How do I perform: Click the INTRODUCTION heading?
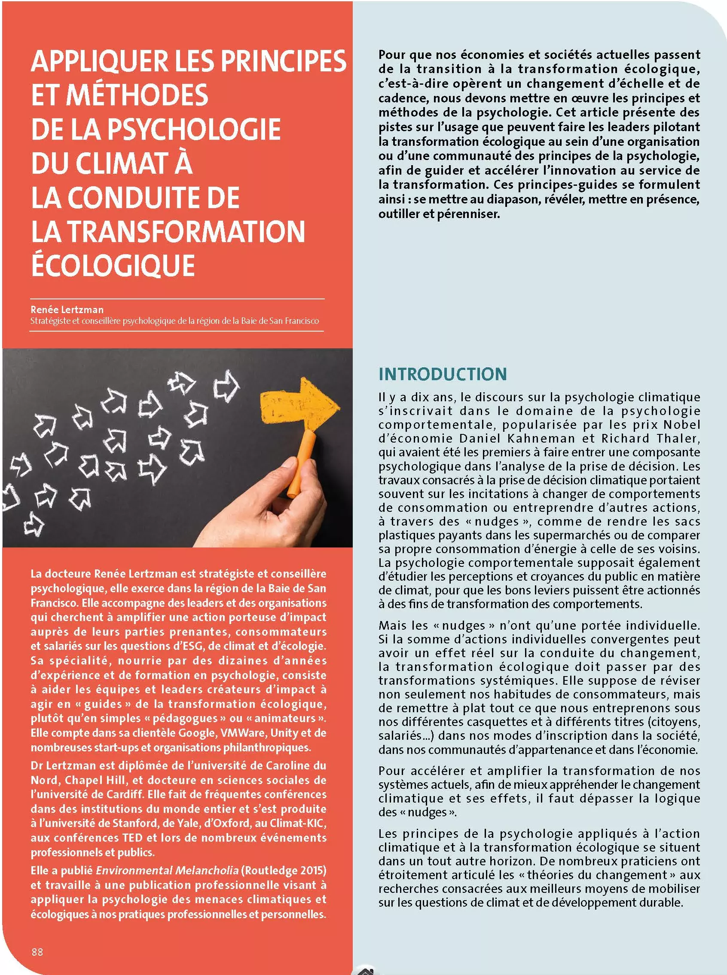(442, 374)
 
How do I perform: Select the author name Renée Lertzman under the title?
(67, 310)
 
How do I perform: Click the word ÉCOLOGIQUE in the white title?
(113, 265)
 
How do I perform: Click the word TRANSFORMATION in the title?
(186, 231)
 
